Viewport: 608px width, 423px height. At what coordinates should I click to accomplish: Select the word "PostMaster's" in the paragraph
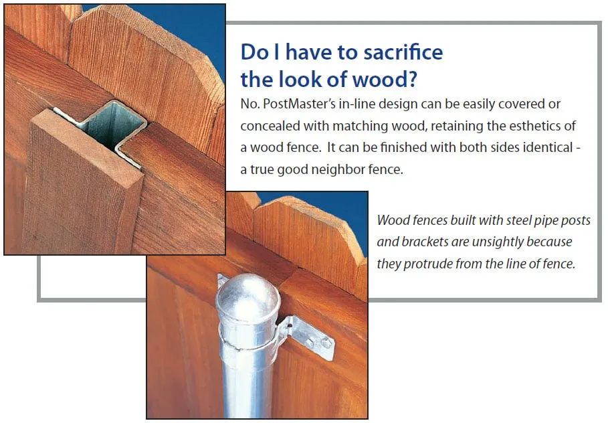click(291, 105)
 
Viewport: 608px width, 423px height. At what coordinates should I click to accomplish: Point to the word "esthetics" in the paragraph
click(536, 126)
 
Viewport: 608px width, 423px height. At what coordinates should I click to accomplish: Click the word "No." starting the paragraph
click(249, 105)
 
